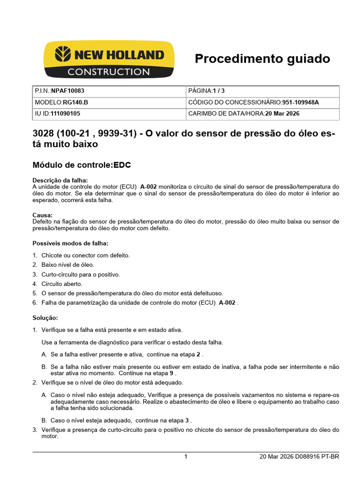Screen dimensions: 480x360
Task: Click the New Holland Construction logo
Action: click(109, 60)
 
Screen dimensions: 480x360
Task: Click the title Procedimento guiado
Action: click(262, 59)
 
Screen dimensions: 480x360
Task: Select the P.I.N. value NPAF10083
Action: click(67, 91)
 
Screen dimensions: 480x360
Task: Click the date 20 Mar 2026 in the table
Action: click(282, 113)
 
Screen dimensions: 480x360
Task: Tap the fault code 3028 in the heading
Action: click(44, 134)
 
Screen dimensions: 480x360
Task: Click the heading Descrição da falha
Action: click(60, 180)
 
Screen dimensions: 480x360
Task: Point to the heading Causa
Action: click(42, 215)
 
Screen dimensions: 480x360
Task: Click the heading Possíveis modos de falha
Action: click(70, 243)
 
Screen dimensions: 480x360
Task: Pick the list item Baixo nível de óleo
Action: click(67, 265)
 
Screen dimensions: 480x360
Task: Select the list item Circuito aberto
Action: click(62, 284)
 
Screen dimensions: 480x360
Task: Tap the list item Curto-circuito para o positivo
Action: click(81, 274)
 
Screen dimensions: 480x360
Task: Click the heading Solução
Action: click(45, 317)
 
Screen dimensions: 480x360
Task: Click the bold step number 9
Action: click(171, 374)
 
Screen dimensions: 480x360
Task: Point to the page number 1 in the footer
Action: click(186, 457)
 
